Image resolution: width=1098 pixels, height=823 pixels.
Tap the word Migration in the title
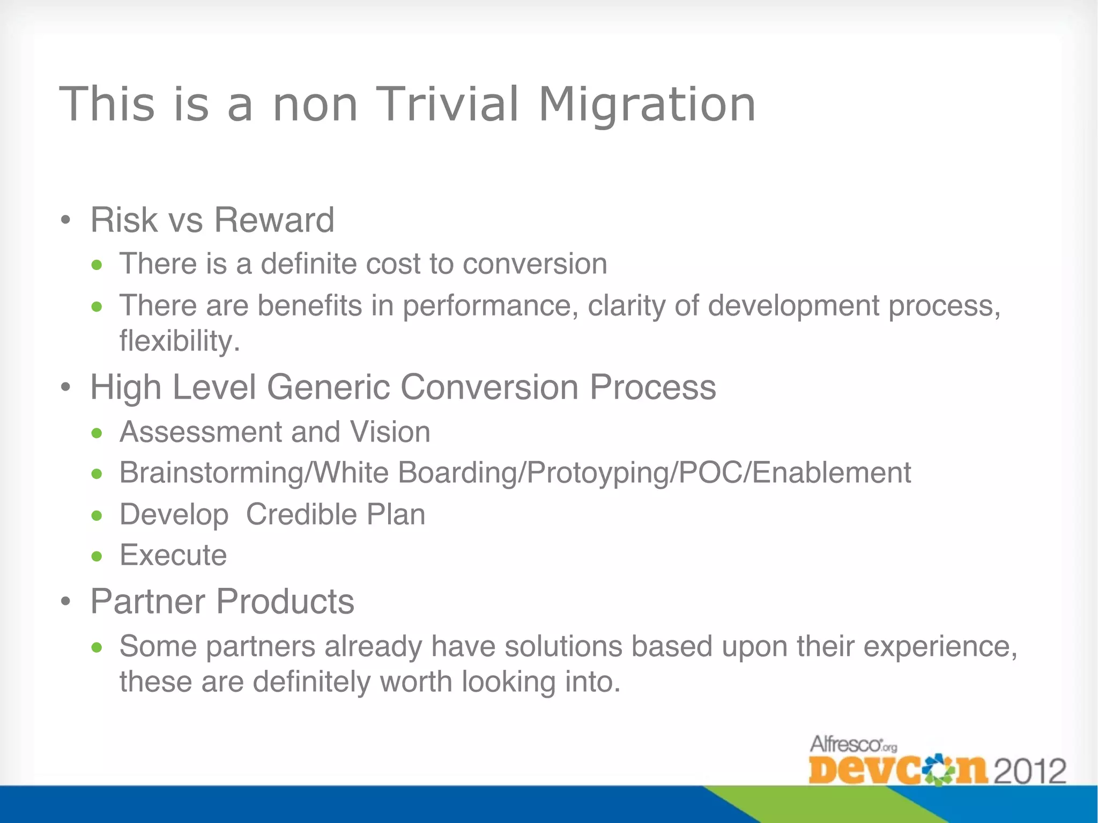(x=647, y=104)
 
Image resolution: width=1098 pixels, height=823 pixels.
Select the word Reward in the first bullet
(x=274, y=220)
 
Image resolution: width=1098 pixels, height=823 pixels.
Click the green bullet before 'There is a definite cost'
(x=97, y=265)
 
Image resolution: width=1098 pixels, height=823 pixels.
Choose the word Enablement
(x=832, y=473)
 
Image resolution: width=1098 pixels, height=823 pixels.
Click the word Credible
(x=301, y=514)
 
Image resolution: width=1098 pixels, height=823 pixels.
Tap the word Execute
(x=173, y=555)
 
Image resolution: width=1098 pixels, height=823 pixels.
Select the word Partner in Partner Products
(x=147, y=601)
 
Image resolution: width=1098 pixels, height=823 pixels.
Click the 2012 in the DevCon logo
(x=1030, y=772)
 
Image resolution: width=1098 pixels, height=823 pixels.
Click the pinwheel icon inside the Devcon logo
(x=936, y=770)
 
